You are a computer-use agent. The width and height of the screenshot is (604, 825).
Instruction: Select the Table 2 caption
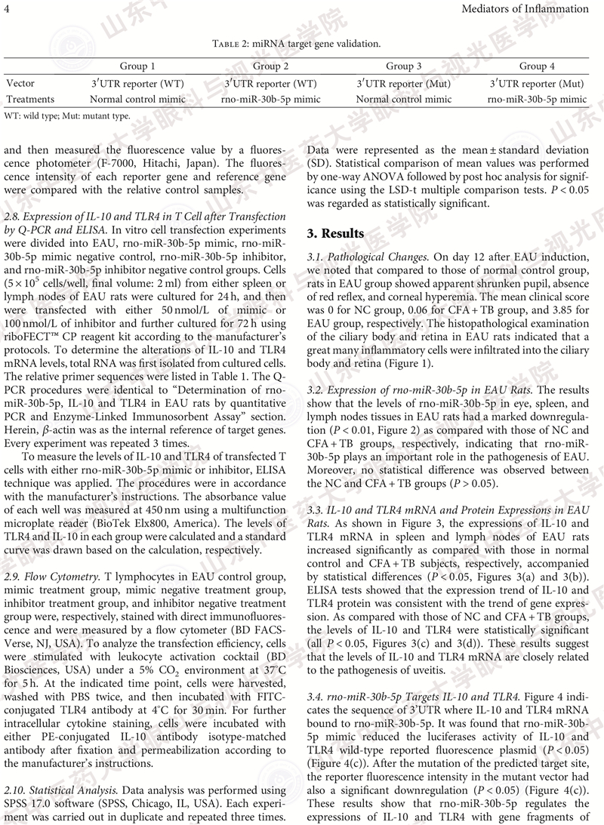(301, 45)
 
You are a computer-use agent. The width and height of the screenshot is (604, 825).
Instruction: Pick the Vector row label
(20, 84)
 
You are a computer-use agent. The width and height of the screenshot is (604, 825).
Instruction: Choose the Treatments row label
(30, 99)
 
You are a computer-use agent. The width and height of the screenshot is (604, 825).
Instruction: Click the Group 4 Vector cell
(536, 84)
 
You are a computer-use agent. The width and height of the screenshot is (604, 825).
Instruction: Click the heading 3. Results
(335, 233)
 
